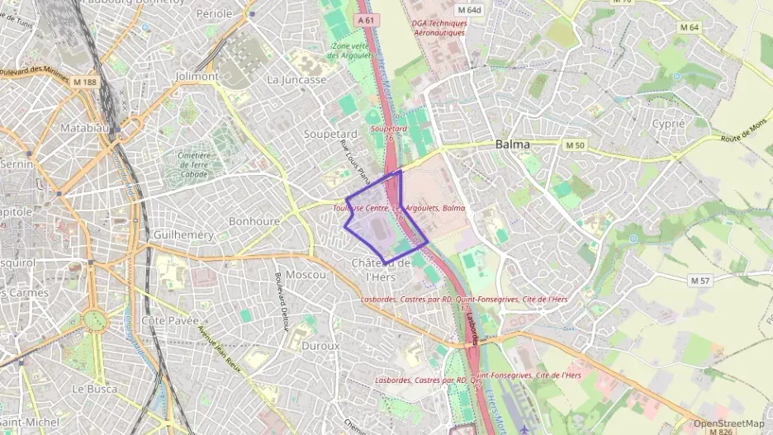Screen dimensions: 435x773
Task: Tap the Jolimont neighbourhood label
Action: tap(197, 76)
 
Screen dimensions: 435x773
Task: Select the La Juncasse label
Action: tap(296, 80)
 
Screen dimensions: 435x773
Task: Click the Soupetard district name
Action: tap(330, 134)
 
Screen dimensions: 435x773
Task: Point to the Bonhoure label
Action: tap(254, 221)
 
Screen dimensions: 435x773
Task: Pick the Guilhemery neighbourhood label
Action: tap(183, 235)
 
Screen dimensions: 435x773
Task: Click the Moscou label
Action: tap(306, 274)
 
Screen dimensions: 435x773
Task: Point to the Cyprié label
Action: tap(668, 123)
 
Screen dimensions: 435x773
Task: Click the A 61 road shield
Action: tap(368, 19)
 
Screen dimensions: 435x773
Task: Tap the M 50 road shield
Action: tap(575, 144)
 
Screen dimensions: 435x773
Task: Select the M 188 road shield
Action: tap(83, 82)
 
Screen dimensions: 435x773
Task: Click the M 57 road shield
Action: tap(699, 281)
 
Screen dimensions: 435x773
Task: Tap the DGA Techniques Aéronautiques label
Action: tap(439, 28)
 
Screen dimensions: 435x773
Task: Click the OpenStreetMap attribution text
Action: tap(728, 423)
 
